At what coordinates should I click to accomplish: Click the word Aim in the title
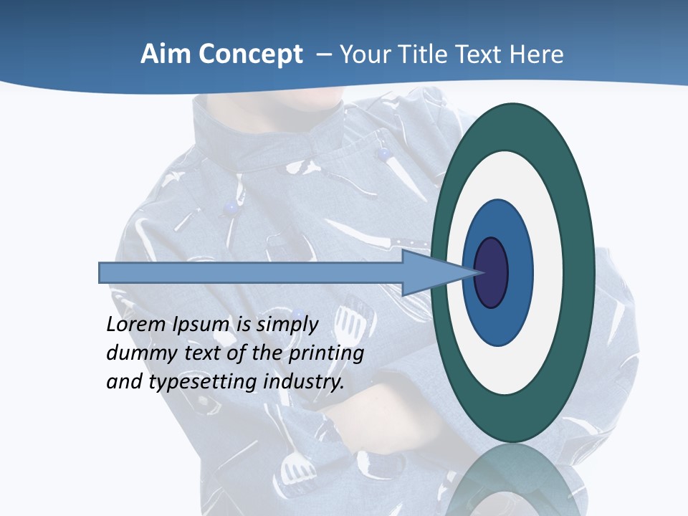pos(165,54)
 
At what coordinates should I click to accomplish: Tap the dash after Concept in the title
pos(323,55)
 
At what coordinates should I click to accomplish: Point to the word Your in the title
pos(363,54)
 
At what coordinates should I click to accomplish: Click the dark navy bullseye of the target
pos(492,273)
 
